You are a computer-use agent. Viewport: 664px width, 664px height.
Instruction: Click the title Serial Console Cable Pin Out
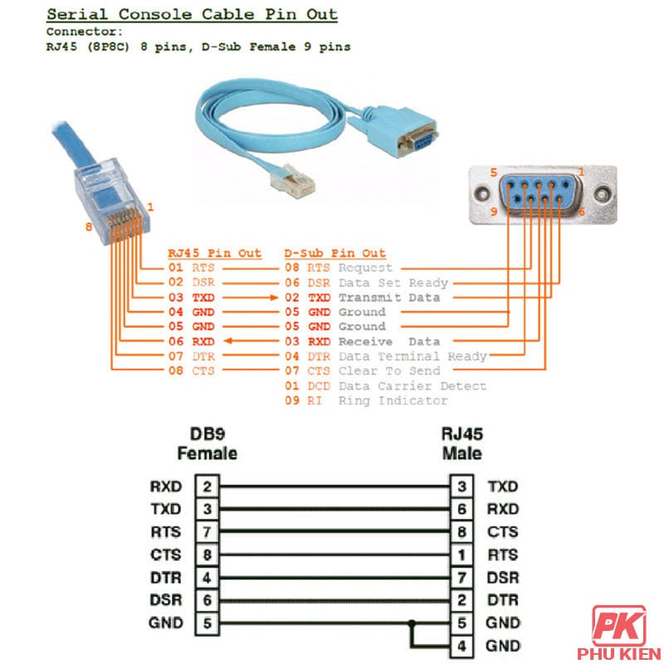[192, 14]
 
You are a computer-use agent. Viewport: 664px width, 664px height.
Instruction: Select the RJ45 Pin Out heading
[214, 253]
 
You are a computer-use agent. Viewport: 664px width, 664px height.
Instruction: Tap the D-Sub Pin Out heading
[334, 253]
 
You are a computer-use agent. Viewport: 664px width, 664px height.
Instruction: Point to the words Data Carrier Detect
[412, 386]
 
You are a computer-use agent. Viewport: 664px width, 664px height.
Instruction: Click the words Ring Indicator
[393, 401]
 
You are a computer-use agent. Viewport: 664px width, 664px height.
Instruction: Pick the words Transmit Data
[389, 297]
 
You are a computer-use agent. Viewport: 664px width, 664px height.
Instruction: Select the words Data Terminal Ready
[413, 356]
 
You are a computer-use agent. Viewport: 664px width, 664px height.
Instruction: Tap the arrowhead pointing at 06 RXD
[229, 341]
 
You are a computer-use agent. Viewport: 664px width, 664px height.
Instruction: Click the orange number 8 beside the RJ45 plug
[88, 227]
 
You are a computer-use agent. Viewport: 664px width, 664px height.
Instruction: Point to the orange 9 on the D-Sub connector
[493, 212]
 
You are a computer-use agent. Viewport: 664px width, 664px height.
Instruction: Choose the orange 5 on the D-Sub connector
[493, 173]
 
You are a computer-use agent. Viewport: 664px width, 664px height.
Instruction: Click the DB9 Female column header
[207, 444]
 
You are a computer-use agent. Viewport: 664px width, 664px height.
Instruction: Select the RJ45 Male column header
[462, 444]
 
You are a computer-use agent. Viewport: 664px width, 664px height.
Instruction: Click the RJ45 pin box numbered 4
[462, 646]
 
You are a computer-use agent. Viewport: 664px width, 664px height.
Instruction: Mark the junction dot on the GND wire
[411, 622]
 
